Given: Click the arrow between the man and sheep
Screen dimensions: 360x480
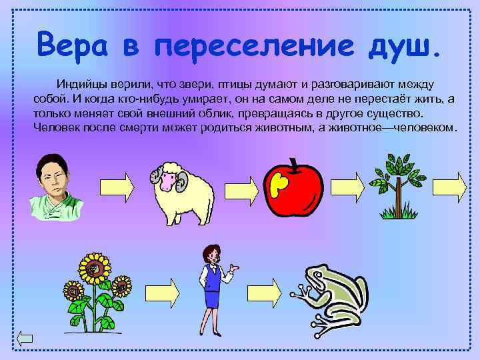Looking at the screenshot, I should (118, 183).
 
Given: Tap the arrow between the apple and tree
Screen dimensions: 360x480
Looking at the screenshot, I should (343, 184).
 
